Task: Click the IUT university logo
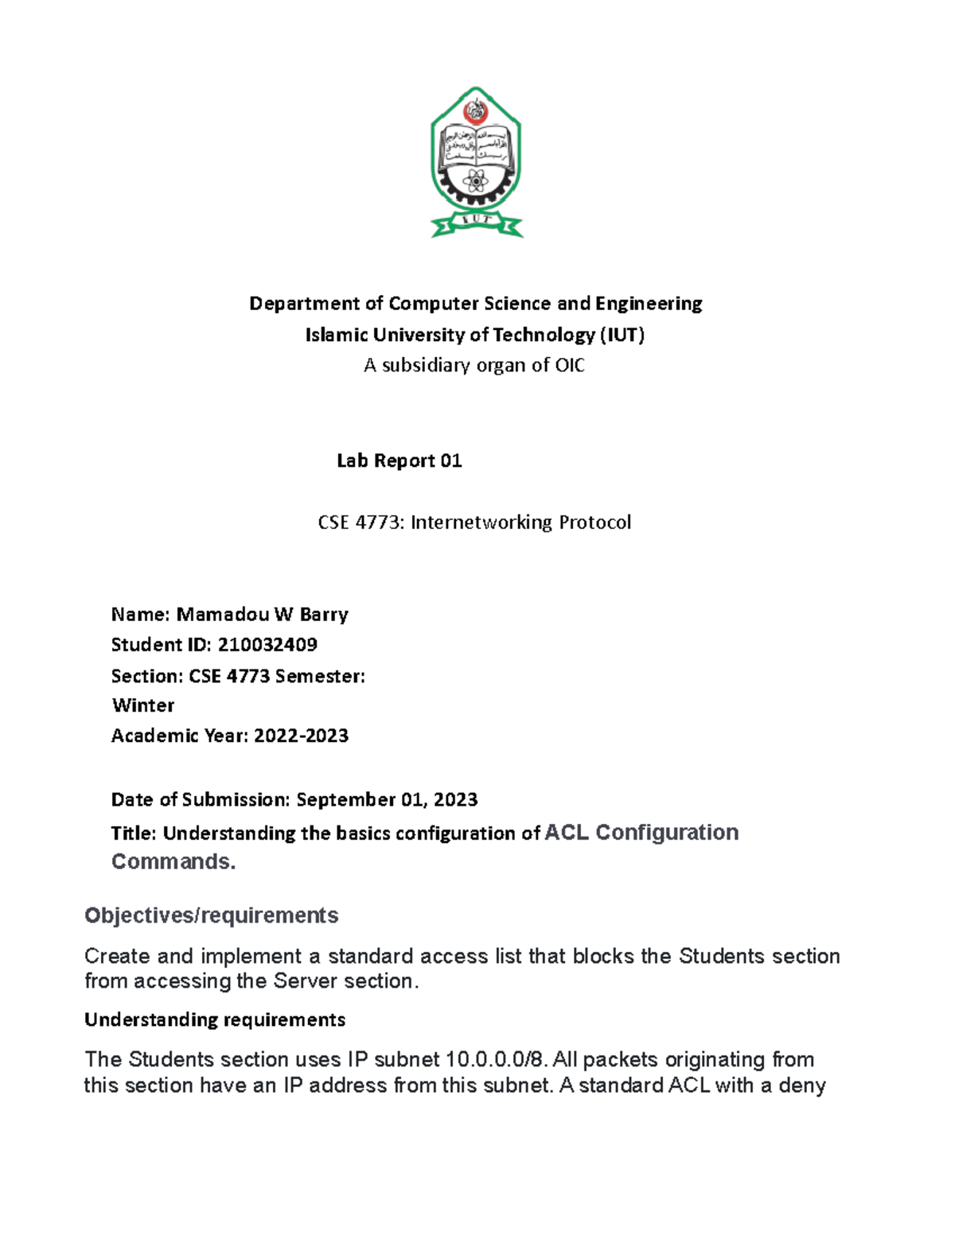pos(476,162)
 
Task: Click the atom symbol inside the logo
pos(476,182)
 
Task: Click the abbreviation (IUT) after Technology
pos(622,335)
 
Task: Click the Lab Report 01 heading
pos(399,461)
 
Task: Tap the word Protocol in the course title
pos(594,522)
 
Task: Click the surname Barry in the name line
pos(324,615)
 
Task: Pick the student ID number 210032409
pos(267,645)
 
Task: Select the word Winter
pos(143,706)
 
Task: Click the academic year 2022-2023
pos(301,736)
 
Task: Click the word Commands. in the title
pos(173,862)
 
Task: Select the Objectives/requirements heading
pos(211,916)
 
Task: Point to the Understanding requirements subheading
pos(215,1020)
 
